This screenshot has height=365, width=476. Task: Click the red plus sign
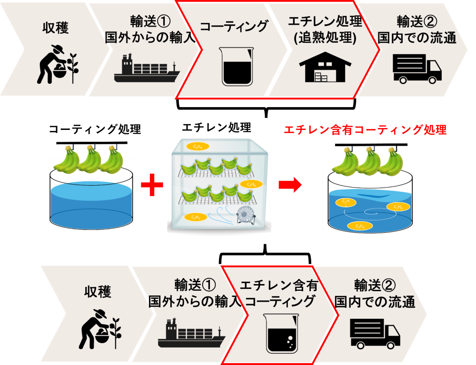(x=152, y=185)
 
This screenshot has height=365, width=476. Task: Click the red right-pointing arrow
(x=291, y=185)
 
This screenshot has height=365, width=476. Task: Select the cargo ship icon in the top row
(x=147, y=69)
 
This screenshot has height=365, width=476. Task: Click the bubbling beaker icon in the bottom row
(x=280, y=333)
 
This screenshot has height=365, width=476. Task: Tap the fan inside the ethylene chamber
(x=246, y=217)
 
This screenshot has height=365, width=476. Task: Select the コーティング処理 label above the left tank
(x=95, y=129)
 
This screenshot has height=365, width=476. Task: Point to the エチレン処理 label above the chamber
(x=216, y=128)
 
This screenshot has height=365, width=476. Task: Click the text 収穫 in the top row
(x=57, y=28)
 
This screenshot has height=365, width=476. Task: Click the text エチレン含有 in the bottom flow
(x=278, y=286)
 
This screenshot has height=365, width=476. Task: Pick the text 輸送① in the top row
(x=150, y=21)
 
